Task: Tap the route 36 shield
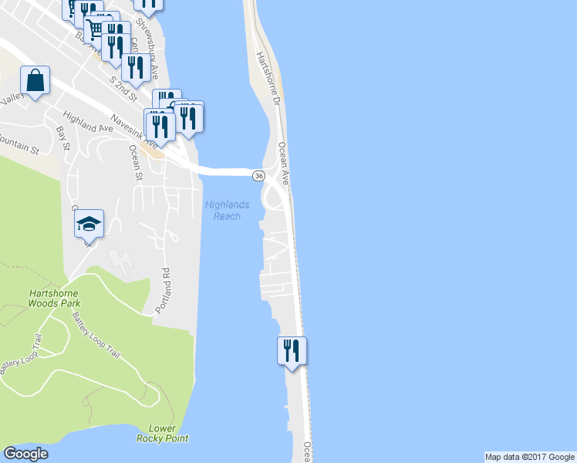click(x=259, y=176)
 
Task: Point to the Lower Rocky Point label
click(x=162, y=434)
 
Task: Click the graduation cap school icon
click(x=89, y=225)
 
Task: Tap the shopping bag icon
click(x=35, y=79)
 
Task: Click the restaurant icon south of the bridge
click(x=292, y=350)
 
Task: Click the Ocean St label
click(x=137, y=163)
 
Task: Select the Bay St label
click(x=63, y=140)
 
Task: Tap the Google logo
click(x=26, y=454)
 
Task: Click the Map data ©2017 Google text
click(x=530, y=457)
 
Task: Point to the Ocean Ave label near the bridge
click(x=283, y=163)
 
